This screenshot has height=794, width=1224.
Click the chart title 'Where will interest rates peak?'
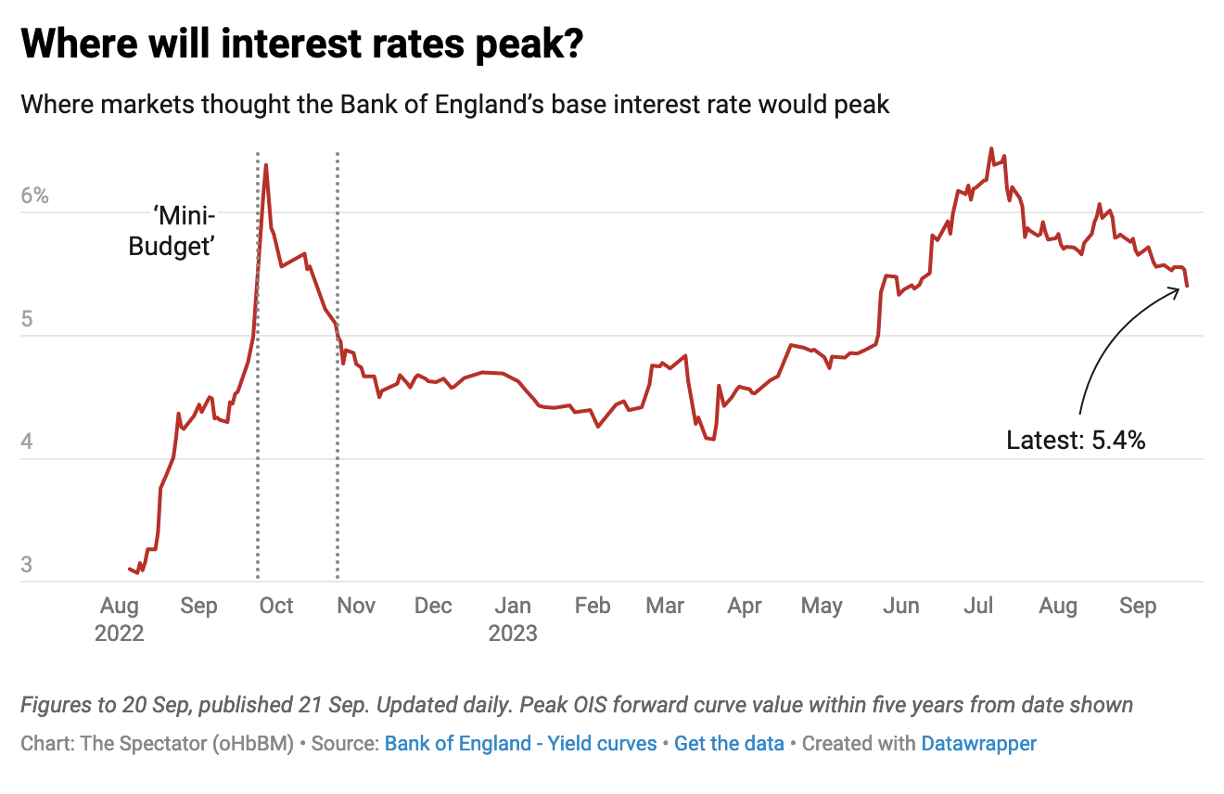(x=301, y=45)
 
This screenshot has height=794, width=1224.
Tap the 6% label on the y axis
(x=35, y=197)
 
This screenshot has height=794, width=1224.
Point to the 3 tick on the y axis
(x=27, y=565)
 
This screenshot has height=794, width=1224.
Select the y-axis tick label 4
(x=28, y=442)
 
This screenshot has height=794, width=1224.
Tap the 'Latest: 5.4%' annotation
(x=1076, y=440)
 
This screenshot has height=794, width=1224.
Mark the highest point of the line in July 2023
(x=991, y=148)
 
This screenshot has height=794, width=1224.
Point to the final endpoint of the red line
(x=1187, y=287)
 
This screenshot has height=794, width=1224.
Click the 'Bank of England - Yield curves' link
(x=520, y=743)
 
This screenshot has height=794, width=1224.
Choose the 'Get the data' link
(x=729, y=743)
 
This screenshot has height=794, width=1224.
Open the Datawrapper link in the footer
(x=978, y=743)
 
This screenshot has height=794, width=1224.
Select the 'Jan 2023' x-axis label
(x=513, y=620)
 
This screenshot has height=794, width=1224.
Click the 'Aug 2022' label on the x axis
(x=119, y=620)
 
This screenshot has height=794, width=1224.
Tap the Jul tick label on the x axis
(x=978, y=606)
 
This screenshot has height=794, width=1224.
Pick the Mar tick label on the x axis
(x=665, y=606)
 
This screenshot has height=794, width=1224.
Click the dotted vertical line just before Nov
(x=337, y=371)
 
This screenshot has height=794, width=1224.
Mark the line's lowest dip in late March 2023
(x=712, y=439)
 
